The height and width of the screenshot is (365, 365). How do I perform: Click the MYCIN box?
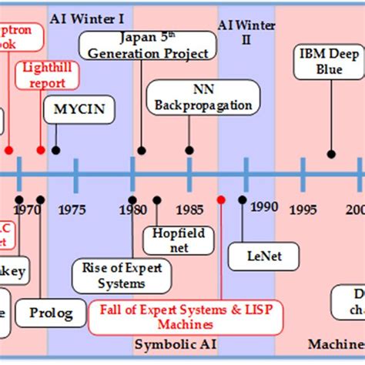click(x=79, y=109)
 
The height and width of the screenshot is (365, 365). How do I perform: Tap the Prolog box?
click(x=51, y=313)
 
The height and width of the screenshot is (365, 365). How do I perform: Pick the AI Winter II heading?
click(x=246, y=31)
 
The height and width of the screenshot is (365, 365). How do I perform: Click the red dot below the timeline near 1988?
click(x=221, y=199)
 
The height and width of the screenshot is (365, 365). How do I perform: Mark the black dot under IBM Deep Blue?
click(x=331, y=153)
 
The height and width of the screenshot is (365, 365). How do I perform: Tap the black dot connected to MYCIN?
click(x=55, y=151)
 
